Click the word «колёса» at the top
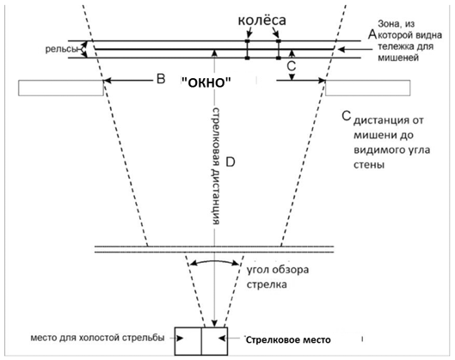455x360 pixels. click(261, 21)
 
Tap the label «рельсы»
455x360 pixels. click(61, 49)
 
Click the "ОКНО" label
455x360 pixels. click(206, 82)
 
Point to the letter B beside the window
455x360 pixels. click(161, 78)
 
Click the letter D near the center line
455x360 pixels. click(231, 162)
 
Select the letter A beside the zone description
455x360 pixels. click(372, 34)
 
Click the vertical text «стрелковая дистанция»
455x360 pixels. click(216, 167)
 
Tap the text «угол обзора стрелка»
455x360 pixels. click(278, 278)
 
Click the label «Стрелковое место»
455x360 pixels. click(288, 339)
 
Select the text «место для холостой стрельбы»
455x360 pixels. click(97, 338)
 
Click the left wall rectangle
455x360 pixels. click(61, 88)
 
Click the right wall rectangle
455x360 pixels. click(367, 88)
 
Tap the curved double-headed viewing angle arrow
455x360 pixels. click(214, 260)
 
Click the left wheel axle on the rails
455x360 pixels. click(247, 50)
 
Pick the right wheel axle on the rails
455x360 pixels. click(279, 50)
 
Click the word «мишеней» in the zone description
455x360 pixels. click(398, 58)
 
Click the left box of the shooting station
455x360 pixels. click(188, 341)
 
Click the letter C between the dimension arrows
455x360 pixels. click(291, 66)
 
